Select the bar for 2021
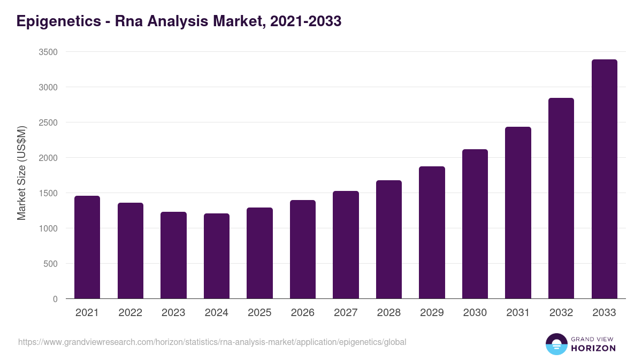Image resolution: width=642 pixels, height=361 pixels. (87, 247)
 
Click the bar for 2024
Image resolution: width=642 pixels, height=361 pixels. (217, 256)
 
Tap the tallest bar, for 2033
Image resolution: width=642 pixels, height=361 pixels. (604, 179)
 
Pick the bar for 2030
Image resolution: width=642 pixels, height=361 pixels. (475, 224)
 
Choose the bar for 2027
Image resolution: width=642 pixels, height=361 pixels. (346, 245)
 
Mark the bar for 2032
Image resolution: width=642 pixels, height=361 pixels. (561, 198)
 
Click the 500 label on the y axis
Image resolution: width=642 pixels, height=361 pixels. (51, 264)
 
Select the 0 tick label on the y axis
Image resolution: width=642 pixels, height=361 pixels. (55, 299)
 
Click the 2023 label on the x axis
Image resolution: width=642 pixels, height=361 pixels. (173, 313)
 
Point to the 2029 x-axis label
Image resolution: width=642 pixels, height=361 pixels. (432, 313)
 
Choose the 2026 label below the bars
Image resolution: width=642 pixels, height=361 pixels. (303, 313)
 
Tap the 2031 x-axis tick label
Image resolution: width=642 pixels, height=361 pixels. (518, 313)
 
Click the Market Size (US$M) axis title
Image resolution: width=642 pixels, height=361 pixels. (21, 173)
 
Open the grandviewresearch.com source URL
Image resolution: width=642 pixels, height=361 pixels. (212, 342)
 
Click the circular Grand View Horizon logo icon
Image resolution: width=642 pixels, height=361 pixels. (556, 344)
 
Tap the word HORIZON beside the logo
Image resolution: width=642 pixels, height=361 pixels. (593, 348)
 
